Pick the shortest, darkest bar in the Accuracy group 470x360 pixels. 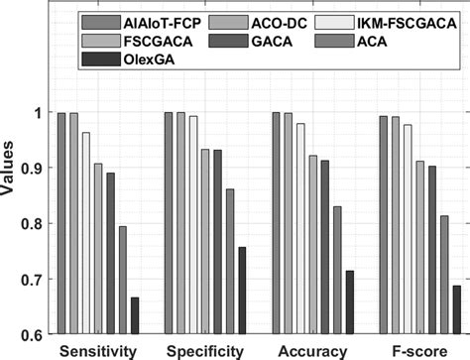coord(348,303)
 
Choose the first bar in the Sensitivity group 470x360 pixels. coord(61,224)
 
